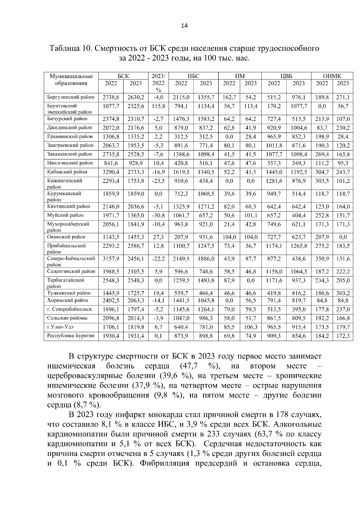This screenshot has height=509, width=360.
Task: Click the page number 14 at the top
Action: pos(184,26)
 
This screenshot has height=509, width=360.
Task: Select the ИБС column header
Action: pos(193,76)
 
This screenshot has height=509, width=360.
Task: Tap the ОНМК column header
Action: pos(332,76)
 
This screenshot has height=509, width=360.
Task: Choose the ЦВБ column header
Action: pos(286,76)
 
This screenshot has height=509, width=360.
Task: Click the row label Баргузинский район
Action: pos(71,97)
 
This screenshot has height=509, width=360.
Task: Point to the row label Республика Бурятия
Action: pos(71,336)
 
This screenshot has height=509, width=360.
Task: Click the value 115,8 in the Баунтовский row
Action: pos(158,106)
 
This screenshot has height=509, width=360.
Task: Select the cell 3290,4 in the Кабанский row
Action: pos(111,172)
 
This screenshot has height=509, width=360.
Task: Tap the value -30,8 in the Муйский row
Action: pos(158,215)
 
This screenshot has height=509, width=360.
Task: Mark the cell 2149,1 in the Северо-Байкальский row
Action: pos(181,259)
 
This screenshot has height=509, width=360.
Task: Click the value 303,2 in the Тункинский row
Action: pos(343,293)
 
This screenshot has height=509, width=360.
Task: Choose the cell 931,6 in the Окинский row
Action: pos(206,237)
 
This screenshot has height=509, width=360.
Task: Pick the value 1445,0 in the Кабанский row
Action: pos(274,172)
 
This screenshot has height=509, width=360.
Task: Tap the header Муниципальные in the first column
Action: pos(71,76)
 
